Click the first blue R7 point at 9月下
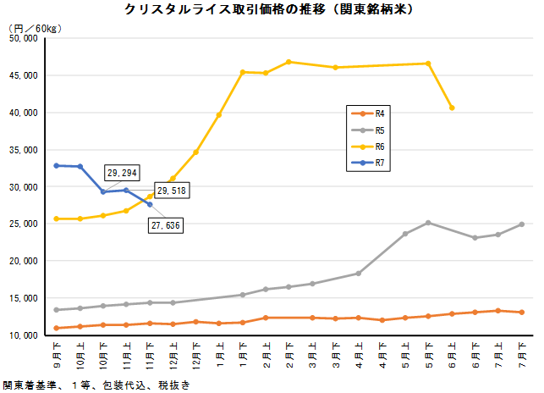(57, 165)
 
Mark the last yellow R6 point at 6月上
(452, 108)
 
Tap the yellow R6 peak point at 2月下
(288, 62)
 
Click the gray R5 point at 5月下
(428, 223)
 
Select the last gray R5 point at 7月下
(522, 224)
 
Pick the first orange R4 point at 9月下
(57, 328)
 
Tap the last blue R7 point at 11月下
(150, 204)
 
